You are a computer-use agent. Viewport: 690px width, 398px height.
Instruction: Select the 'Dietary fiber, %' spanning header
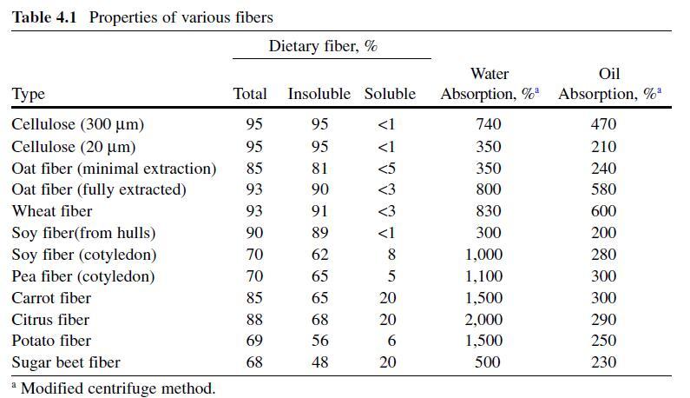point(323,46)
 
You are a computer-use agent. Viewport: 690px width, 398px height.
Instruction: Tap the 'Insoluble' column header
point(319,94)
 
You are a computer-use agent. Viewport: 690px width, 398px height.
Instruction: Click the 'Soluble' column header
point(390,94)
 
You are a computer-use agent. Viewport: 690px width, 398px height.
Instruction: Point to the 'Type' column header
point(29,94)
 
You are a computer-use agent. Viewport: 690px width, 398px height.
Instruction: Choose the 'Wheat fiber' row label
point(52,211)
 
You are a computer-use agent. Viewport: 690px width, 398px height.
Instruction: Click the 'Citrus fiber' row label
point(50,320)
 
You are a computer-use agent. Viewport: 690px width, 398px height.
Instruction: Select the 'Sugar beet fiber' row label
point(66,362)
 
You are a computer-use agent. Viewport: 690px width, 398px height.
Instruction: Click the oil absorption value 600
point(603,211)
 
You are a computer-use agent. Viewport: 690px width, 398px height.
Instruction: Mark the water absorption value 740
point(489,124)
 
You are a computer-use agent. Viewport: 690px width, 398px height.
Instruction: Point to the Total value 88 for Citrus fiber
point(254,320)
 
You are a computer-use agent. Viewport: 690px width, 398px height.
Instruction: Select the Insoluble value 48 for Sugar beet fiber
point(319,362)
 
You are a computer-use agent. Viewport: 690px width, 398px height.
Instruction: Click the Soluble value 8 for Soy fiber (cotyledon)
point(391,255)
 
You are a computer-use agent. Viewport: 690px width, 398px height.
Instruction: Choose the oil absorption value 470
point(603,124)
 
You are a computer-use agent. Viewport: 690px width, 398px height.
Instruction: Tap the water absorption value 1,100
point(483,276)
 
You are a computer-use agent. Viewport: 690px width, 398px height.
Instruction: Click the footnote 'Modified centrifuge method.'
point(117,388)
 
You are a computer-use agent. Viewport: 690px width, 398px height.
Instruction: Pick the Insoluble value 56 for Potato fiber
point(319,341)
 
